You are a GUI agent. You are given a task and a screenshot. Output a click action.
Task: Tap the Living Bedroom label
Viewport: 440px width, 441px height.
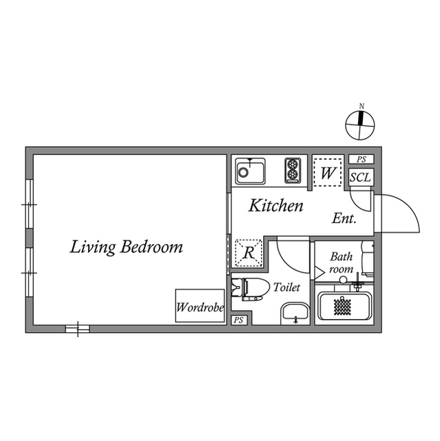coord(126,247)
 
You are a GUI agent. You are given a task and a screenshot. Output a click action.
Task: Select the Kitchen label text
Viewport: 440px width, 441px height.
coord(275,205)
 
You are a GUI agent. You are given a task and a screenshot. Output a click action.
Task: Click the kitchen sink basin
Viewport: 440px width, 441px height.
coord(251,170)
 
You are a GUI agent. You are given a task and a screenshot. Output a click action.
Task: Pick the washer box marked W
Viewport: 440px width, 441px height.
coord(327,172)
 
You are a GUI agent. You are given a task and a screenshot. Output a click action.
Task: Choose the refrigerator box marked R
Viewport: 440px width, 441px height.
coord(248,252)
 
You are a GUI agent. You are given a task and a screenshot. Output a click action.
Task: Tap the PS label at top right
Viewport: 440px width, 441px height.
coord(361,159)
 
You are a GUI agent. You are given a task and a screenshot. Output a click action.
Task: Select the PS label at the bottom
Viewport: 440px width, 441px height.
coord(239,320)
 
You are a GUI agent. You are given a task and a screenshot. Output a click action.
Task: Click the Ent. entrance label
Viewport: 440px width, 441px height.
coord(344,219)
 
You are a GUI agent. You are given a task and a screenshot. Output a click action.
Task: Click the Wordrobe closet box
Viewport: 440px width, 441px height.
coord(199,305)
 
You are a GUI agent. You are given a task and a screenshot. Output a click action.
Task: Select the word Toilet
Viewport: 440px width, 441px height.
coord(286,286)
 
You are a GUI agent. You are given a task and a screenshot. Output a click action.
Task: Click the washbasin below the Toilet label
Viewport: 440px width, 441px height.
coord(295,313)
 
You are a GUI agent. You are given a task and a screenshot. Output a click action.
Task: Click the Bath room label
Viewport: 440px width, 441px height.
coord(341,262)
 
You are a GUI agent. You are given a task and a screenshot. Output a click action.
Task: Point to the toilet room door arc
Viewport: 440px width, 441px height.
coord(291,254)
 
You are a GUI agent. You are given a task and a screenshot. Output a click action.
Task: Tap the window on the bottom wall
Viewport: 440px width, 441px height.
coord(78,329)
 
